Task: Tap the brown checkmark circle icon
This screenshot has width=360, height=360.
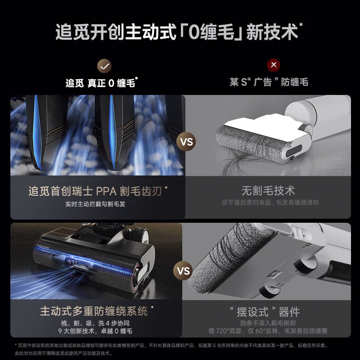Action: click(105, 65)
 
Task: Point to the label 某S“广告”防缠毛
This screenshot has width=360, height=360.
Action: click(269, 82)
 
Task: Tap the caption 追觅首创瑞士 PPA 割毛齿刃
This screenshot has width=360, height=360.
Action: click(95, 191)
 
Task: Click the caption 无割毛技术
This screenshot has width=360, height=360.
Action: click(268, 191)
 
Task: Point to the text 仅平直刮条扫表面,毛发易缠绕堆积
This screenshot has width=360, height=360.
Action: click(270, 203)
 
